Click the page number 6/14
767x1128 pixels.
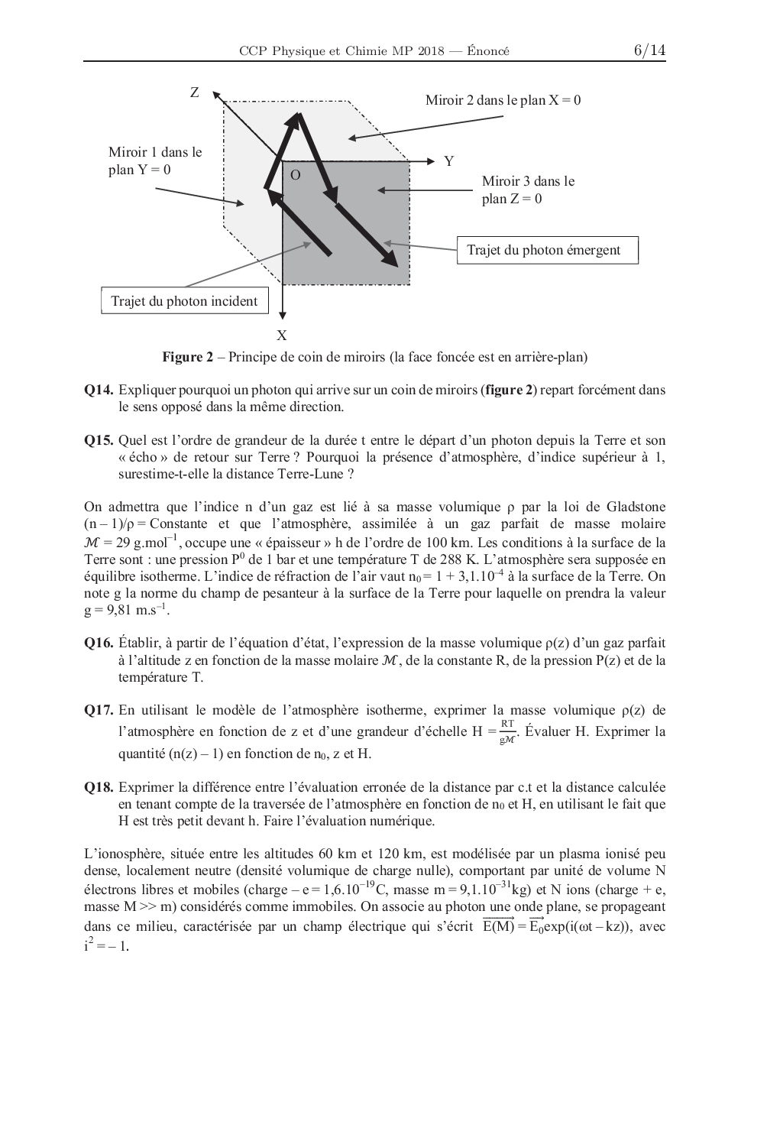coord(649,50)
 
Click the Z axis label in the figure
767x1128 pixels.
coord(195,92)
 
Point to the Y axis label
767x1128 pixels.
coord(449,161)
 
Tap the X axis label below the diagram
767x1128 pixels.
coord(282,335)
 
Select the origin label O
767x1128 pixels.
coord(296,176)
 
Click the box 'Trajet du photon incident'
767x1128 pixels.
coord(184,301)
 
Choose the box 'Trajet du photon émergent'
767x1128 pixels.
coord(547,250)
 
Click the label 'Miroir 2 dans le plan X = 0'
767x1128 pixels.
coord(503,100)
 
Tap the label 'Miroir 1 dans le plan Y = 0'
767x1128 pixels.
coord(155,160)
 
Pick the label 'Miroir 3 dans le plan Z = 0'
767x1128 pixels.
coord(528,190)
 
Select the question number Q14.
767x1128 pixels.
coord(99,390)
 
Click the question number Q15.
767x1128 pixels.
coord(99,440)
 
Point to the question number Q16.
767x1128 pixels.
coord(99,643)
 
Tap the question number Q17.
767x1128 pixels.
coord(99,711)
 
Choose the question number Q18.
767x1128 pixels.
coord(99,787)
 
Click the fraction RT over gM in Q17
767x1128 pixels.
coord(508,731)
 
